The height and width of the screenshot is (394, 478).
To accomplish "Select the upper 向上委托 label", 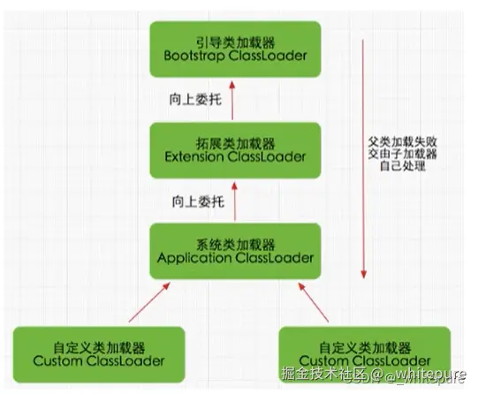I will (190, 99).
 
